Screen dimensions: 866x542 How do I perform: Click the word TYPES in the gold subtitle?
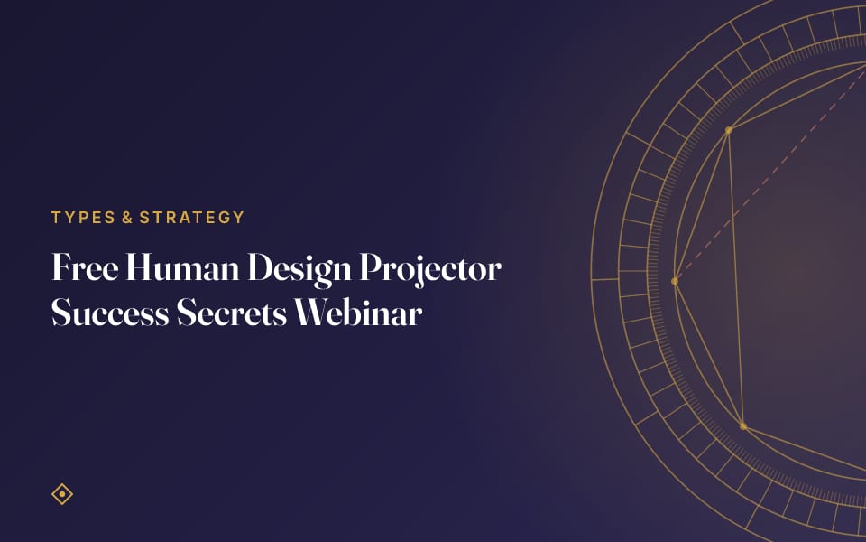83,218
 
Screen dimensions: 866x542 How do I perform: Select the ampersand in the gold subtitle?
127,218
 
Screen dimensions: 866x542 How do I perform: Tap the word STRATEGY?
191,218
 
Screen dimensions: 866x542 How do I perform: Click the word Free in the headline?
85,267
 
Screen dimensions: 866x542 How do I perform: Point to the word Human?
182,267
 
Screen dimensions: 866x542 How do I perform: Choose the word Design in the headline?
299,270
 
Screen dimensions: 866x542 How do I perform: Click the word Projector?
430,270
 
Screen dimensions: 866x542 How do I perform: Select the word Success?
110,313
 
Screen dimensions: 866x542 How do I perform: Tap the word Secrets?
232,313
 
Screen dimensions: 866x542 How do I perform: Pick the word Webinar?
358,313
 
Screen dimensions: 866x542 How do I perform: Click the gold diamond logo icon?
62,494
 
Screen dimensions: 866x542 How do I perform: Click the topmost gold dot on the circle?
729,130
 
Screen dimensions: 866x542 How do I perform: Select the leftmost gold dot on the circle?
675,282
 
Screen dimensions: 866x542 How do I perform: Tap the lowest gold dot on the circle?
743,426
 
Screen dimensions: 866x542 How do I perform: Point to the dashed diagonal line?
770,174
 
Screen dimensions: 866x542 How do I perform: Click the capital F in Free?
62,267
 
